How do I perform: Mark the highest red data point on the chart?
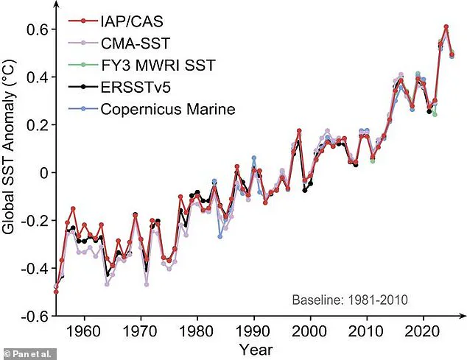point(446,27)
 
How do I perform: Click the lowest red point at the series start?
point(56,292)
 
